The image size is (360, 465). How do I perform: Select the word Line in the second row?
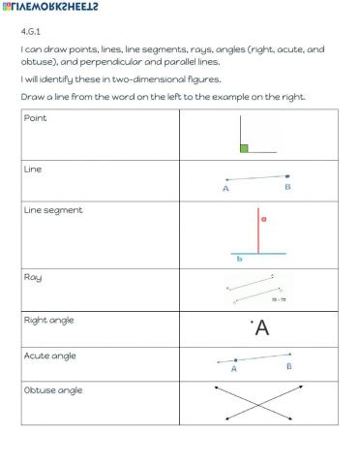pyautogui.click(x=32, y=169)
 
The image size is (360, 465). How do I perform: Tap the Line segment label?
pyautogui.click(x=52, y=209)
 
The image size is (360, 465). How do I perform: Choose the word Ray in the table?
pyautogui.click(x=32, y=277)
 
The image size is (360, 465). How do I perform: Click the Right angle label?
pyautogui.click(x=48, y=320)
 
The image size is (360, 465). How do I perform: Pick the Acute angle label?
pyautogui.click(x=49, y=356)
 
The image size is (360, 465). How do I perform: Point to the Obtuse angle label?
pyautogui.click(x=52, y=389)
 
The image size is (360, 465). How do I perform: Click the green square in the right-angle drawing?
pyautogui.click(x=244, y=148)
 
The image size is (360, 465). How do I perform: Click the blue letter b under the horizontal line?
pyautogui.click(x=240, y=259)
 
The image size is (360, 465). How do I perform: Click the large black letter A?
pyautogui.click(x=261, y=329)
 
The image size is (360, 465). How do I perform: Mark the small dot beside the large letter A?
pyautogui.click(x=251, y=321)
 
